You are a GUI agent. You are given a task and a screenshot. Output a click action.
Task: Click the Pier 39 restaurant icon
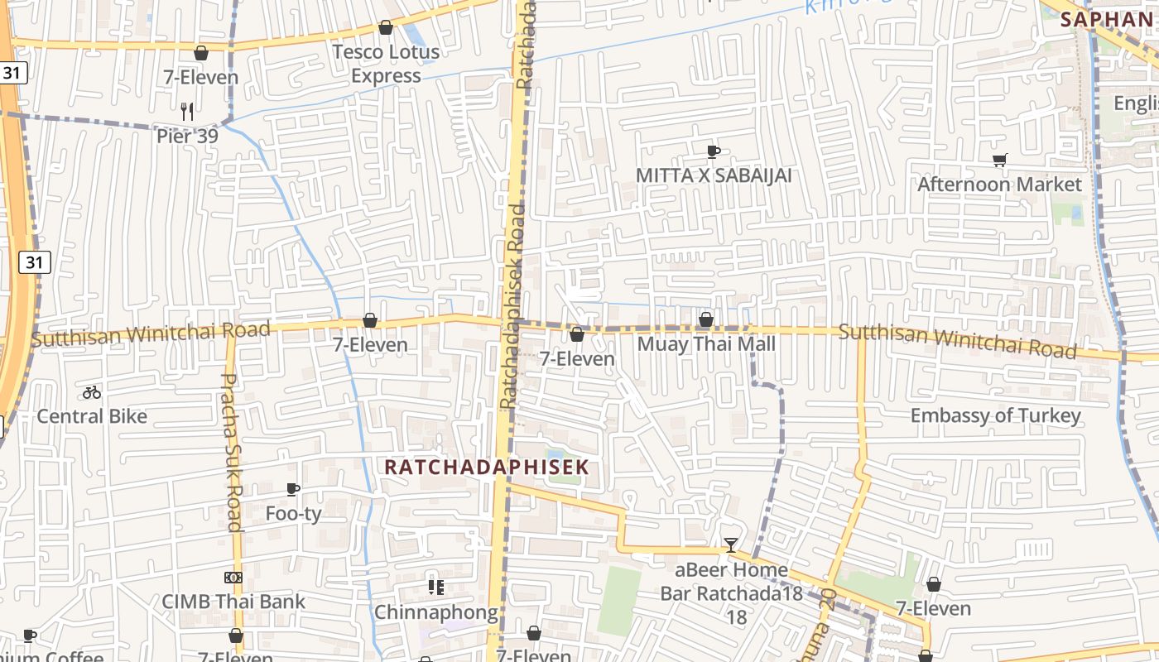[x=187, y=110]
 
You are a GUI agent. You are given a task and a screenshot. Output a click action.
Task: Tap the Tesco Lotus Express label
[x=386, y=64]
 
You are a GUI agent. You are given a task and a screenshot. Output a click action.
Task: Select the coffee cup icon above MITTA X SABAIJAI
[x=713, y=151]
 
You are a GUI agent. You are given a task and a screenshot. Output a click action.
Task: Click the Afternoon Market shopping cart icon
[x=999, y=160]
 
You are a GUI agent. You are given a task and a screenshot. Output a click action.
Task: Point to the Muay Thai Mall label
[x=706, y=343]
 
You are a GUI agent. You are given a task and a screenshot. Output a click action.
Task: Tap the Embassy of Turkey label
[x=995, y=415]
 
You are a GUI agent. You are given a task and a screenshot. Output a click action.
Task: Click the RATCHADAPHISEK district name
[x=487, y=467]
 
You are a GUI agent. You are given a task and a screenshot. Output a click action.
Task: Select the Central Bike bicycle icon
[x=92, y=392]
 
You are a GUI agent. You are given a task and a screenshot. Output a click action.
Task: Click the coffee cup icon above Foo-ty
[x=292, y=489]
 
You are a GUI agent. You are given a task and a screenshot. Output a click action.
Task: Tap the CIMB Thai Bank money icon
[x=233, y=578]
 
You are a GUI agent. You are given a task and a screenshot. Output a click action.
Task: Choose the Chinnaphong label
[x=436, y=612]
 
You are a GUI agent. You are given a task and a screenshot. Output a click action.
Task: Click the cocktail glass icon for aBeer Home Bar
[x=730, y=544]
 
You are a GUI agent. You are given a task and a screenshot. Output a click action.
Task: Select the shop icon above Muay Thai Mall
[x=706, y=319]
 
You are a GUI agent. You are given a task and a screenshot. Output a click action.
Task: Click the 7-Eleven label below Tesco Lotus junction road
[x=200, y=77]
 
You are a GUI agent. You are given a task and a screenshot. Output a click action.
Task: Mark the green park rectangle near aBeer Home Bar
[x=619, y=600]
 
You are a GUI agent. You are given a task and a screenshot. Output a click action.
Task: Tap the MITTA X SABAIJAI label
[x=713, y=175]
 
